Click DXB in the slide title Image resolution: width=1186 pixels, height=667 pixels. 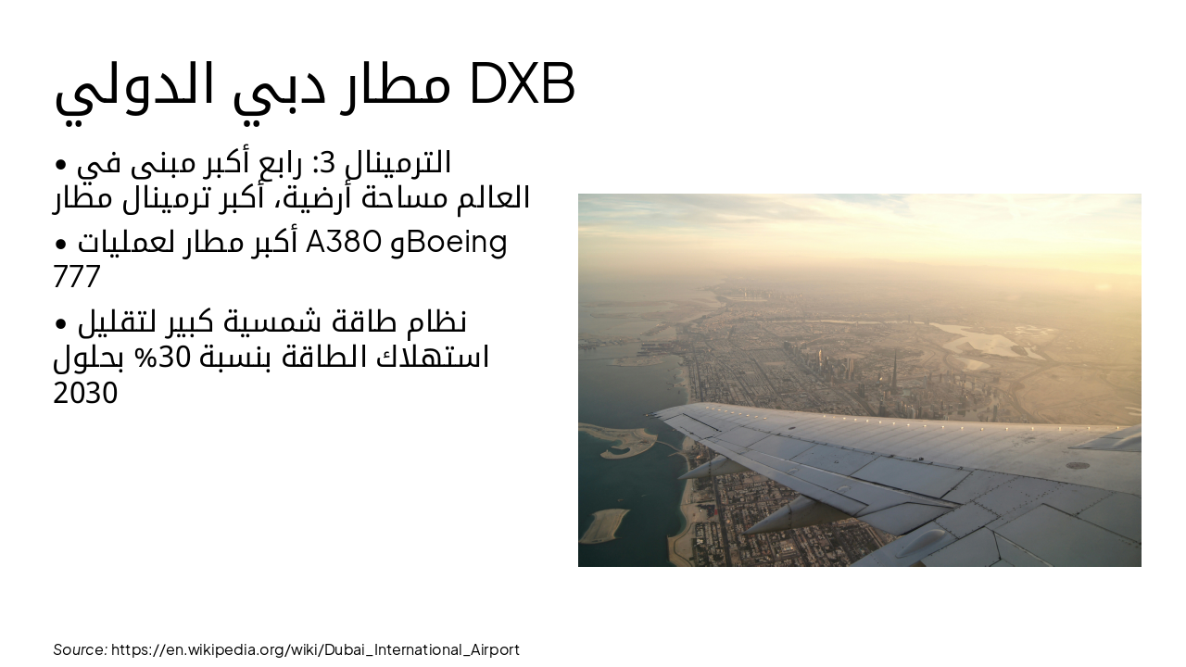[x=523, y=84]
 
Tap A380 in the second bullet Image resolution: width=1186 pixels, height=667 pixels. [x=343, y=243]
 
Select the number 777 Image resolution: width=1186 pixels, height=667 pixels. [x=76, y=277]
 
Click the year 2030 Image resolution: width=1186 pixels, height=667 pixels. [x=85, y=394]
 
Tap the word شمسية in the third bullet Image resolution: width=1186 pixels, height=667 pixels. [x=282, y=322]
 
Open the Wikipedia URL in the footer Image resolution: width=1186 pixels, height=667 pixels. [x=315, y=649]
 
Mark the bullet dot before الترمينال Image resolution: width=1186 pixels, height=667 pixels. [x=61, y=164]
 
